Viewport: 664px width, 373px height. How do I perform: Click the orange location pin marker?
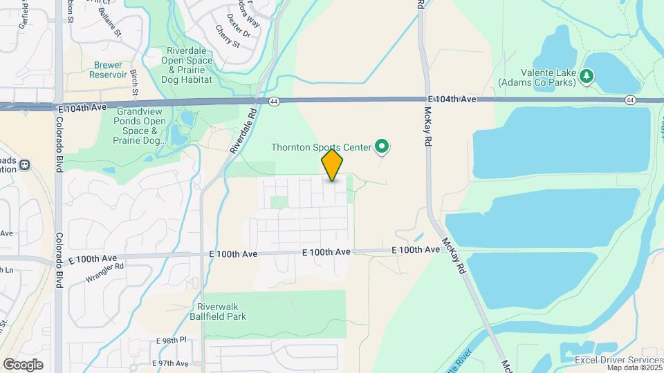point(333,166)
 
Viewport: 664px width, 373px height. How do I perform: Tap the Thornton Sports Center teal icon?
point(381,146)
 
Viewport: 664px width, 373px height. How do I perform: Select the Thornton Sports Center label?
point(321,146)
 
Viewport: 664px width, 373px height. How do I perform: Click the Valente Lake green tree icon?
point(587,75)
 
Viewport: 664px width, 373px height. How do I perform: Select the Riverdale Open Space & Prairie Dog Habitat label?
point(187,66)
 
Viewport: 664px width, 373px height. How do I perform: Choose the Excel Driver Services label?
point(618,360)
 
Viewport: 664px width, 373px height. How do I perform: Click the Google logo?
point(23,365)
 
